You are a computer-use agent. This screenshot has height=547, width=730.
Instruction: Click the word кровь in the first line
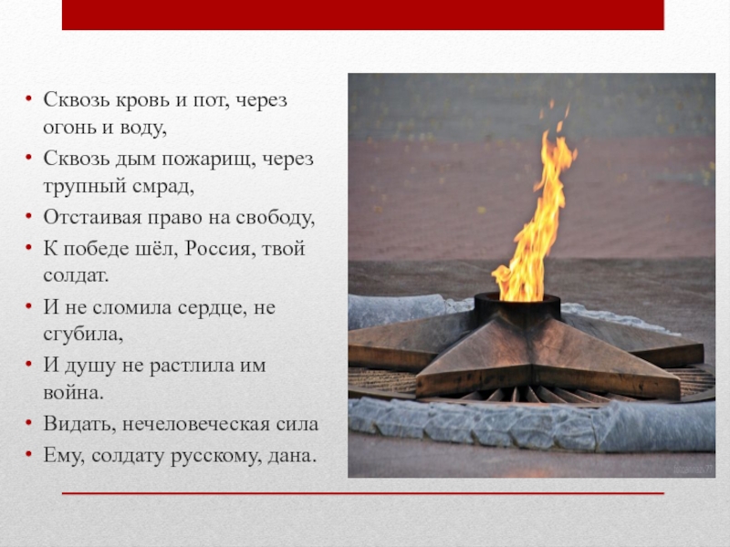pos(135,100)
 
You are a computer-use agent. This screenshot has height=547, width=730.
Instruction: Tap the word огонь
pos(73,129)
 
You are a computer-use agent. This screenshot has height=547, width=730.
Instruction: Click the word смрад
pos(162,188)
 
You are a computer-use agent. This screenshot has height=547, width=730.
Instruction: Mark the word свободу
pos(273,218)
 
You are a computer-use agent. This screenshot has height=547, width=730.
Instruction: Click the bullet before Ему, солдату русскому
pos(28,453)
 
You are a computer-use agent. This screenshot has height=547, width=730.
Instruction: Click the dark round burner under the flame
pos(516,309)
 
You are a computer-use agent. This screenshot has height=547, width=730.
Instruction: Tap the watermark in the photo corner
pos(692,467)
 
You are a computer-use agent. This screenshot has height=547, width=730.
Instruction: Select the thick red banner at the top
pos(362,15)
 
